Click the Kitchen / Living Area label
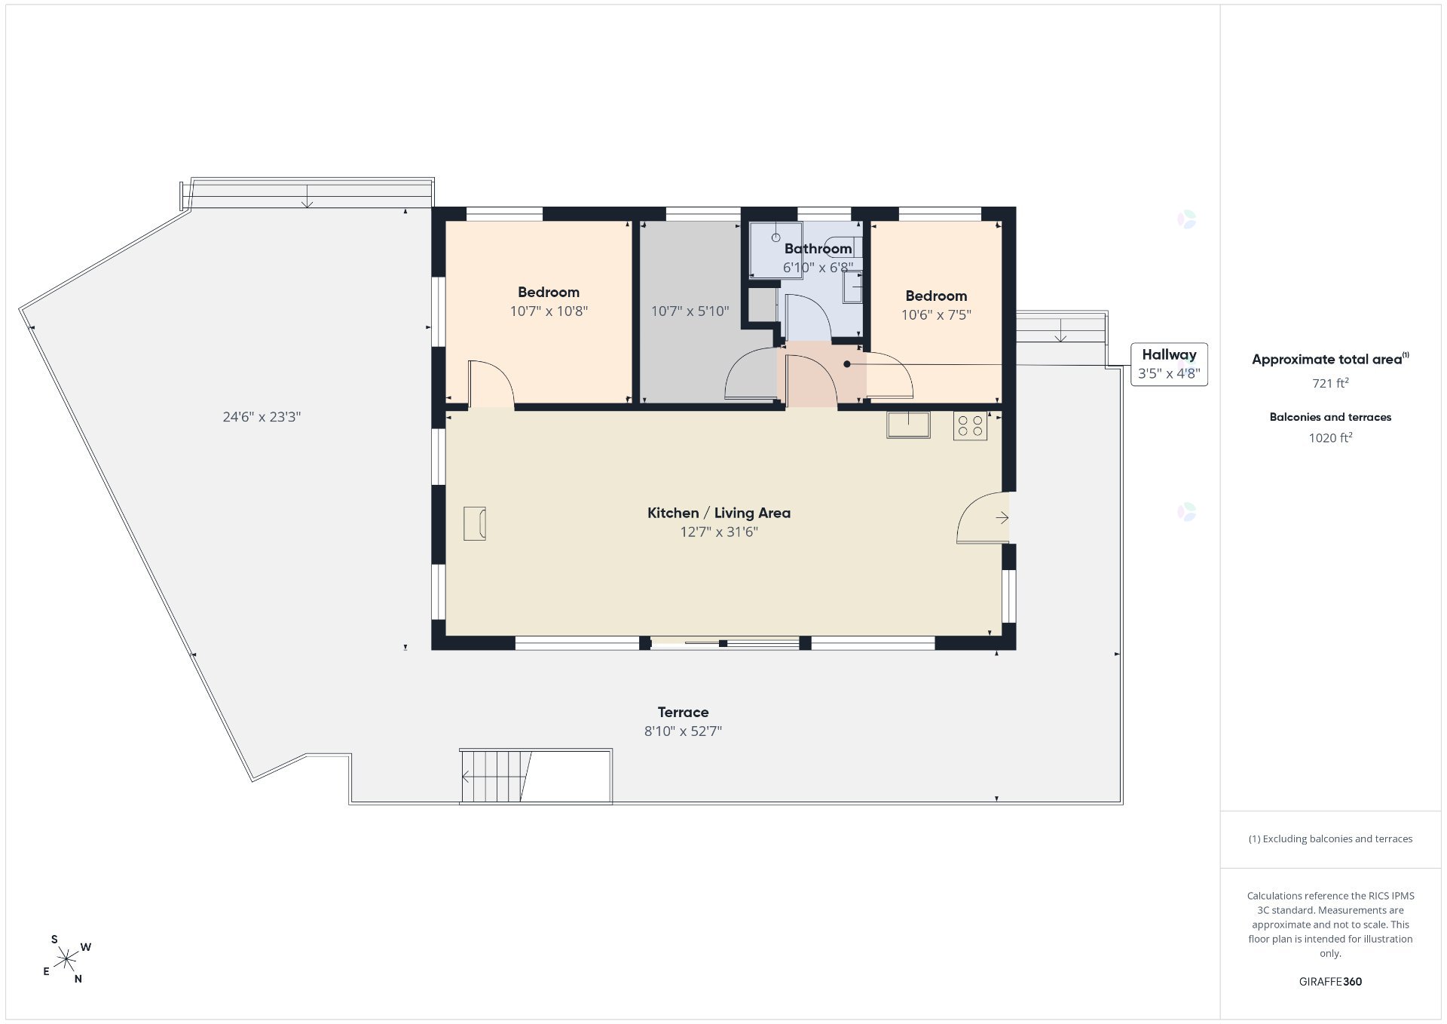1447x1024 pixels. point(719,513)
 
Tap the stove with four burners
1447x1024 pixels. point(970,426)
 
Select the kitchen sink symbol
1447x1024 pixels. point(908,425)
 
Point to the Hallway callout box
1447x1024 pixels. point(1169,364)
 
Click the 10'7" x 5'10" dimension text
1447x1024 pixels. point(690,311)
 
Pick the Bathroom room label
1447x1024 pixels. point(818,248)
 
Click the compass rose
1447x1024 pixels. point(67,959)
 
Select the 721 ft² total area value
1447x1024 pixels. point(1330,383)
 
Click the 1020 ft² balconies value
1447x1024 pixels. point(1330,437)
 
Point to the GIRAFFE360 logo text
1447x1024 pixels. point(1330,982)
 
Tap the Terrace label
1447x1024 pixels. point(683,712)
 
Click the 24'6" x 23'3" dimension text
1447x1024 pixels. point(262,416)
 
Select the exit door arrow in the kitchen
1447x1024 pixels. point(1002,517)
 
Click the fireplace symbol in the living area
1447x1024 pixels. point(475,523)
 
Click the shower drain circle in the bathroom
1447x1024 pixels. point(776,238)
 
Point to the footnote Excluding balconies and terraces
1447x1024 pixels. point(1330,839)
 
